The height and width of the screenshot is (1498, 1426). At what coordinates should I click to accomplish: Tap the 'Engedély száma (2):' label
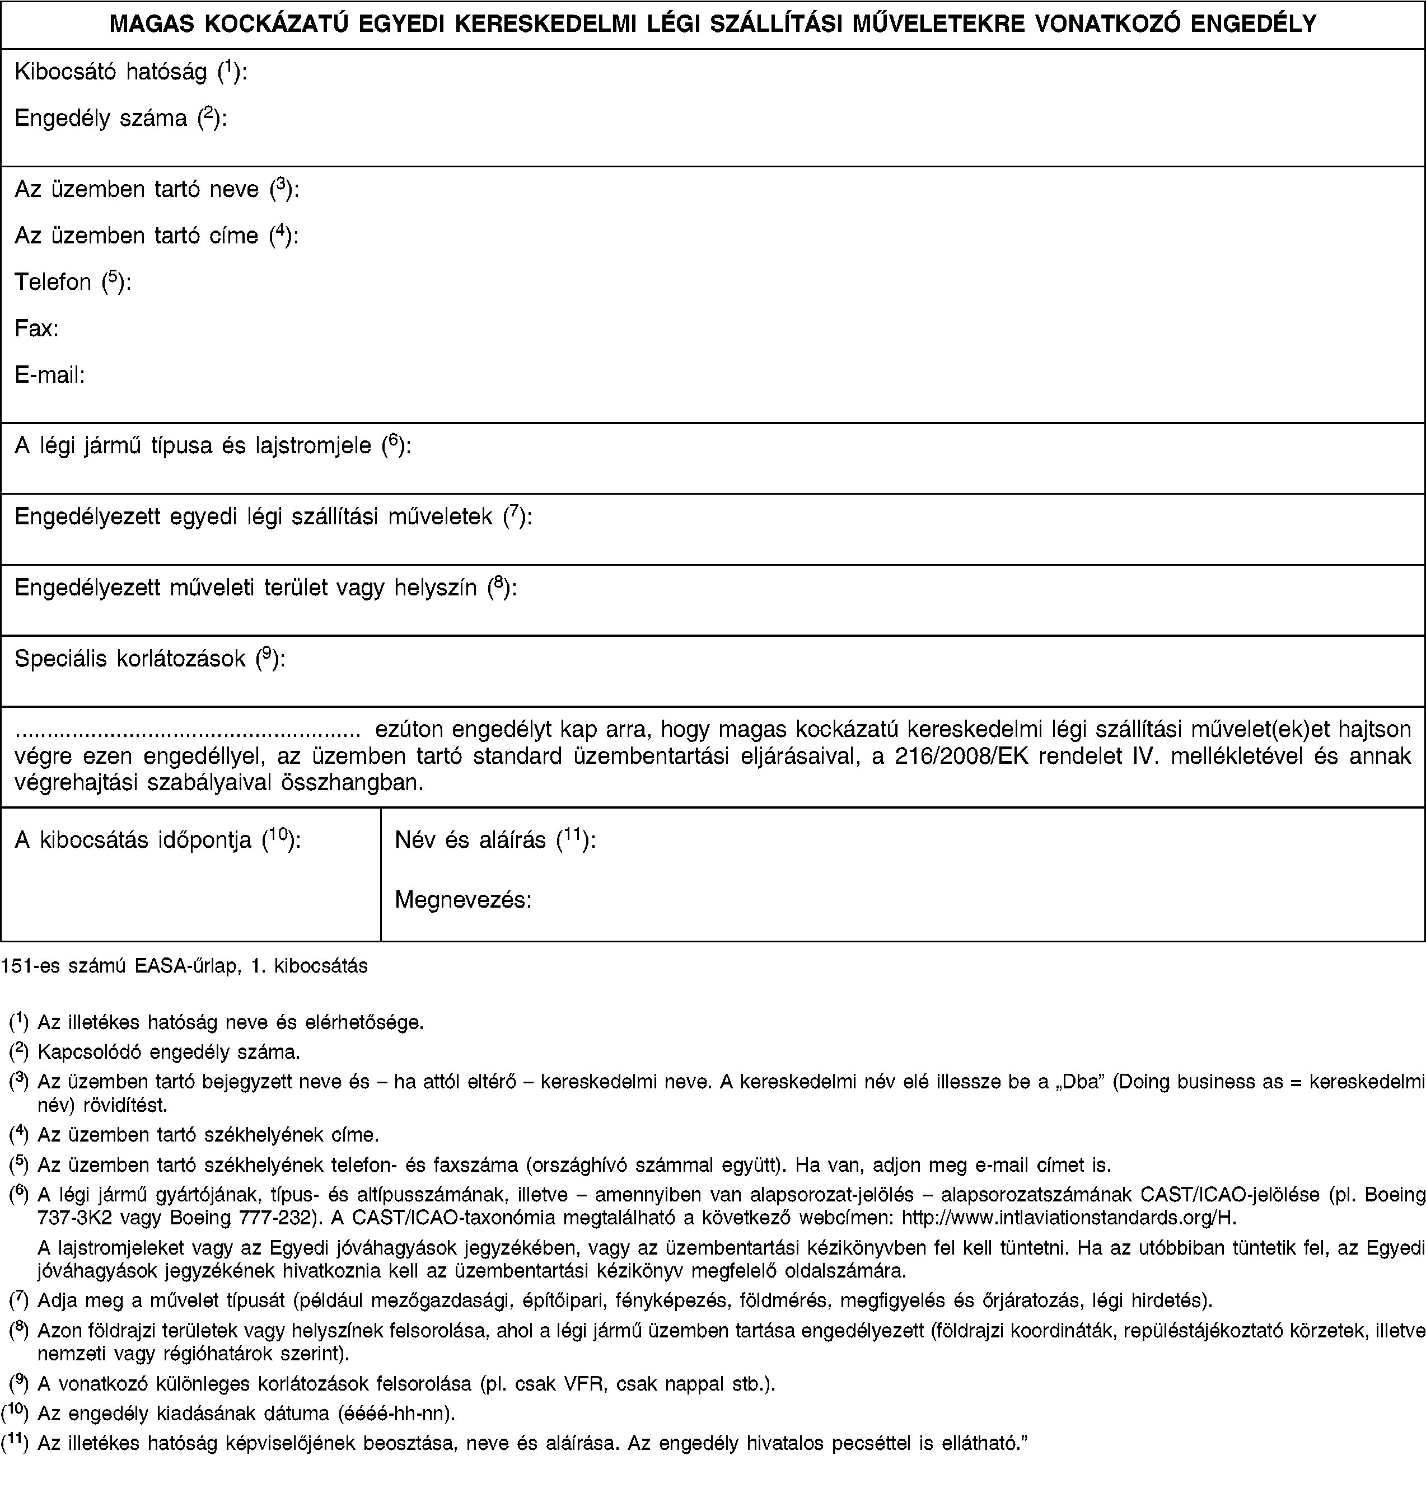120,119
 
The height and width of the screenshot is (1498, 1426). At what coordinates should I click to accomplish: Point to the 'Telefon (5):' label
73,283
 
